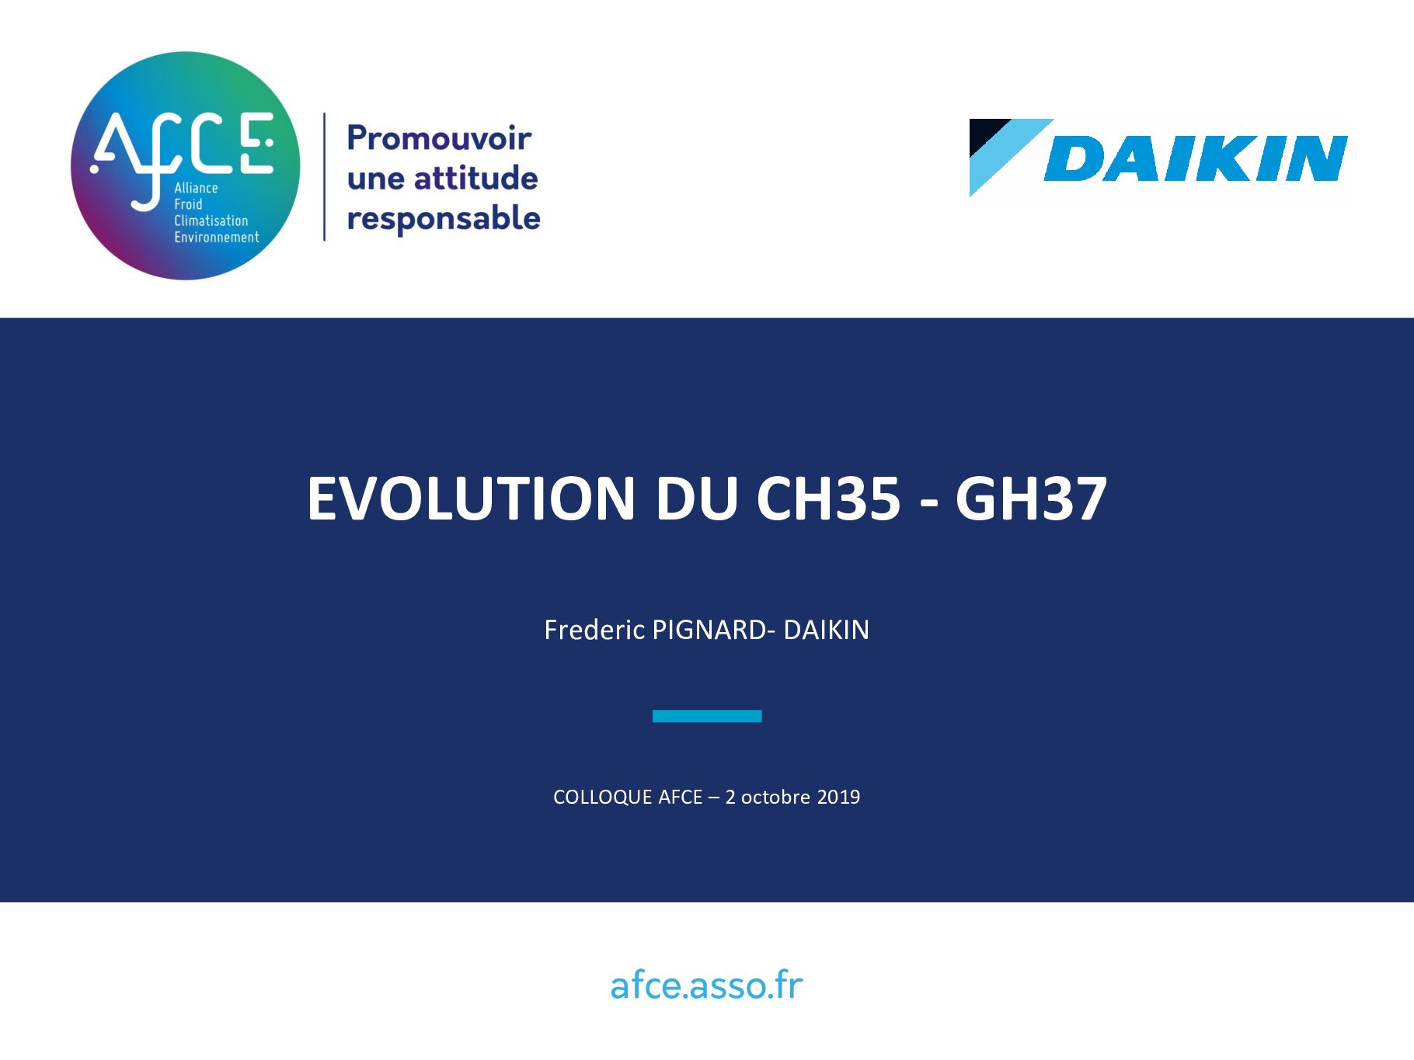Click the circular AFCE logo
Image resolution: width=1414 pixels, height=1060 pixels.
[185, 165]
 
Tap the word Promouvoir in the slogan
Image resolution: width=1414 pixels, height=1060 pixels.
[439, 138]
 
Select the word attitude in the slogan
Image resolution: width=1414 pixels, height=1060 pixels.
[475, 178]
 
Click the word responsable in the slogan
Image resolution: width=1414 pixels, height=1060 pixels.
[444, 219]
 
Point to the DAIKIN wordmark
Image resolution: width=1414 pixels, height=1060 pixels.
[1196, 158]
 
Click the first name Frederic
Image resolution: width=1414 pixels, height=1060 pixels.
[594, 630]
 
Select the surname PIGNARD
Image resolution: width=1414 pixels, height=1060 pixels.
[710, 630]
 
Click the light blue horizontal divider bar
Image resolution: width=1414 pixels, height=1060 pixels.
[707, 716]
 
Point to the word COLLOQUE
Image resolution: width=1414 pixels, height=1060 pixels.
[602, 798]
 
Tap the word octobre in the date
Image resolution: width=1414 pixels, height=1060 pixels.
[775, 798]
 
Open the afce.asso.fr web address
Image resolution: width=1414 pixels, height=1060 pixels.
[706, 985]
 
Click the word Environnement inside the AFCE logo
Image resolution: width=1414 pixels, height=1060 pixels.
[217, 238]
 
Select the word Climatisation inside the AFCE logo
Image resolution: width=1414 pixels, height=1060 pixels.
[211, 221]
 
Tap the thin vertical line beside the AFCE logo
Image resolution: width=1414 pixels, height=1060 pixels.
[324, 177]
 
